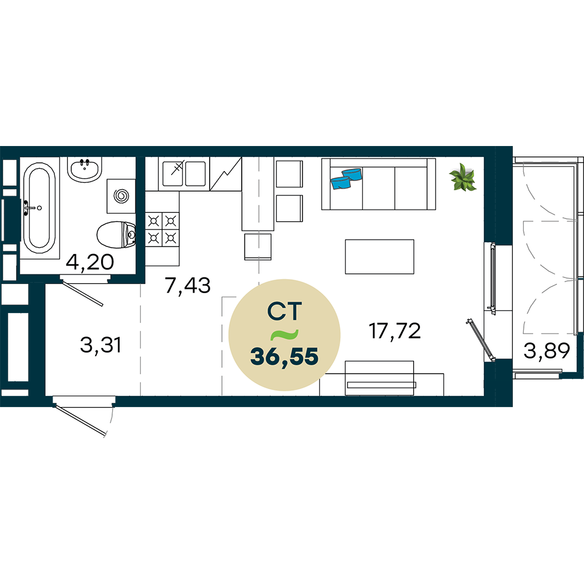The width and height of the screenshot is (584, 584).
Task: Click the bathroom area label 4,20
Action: point(90,262)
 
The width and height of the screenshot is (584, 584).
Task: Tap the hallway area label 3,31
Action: point(100,345)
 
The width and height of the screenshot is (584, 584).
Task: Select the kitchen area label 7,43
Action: point(187,286)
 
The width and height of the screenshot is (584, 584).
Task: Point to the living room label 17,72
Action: point(395,331)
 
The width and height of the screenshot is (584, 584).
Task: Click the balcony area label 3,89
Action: point(547,350)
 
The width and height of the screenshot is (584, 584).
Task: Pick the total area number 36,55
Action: point(284,356)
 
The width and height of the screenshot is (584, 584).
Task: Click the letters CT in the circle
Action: point(284,311)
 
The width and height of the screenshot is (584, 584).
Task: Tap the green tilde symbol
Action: point(284,335)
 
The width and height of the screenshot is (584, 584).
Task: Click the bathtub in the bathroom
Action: point(40,208)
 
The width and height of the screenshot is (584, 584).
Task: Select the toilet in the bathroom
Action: point(116,235)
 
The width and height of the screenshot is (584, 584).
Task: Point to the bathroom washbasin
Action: point(85,169)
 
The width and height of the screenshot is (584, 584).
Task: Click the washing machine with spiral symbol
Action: point(121,196)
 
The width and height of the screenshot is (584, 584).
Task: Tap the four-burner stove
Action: point(162,229)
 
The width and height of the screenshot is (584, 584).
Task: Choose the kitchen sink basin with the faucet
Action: point(173,173)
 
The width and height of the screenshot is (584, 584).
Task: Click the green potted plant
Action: point(463,178)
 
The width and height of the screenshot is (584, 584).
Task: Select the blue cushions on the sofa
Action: point(346,178)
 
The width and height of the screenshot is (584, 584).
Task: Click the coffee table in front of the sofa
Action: point(380,256)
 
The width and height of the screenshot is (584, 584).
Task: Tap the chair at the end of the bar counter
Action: point(258,246)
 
